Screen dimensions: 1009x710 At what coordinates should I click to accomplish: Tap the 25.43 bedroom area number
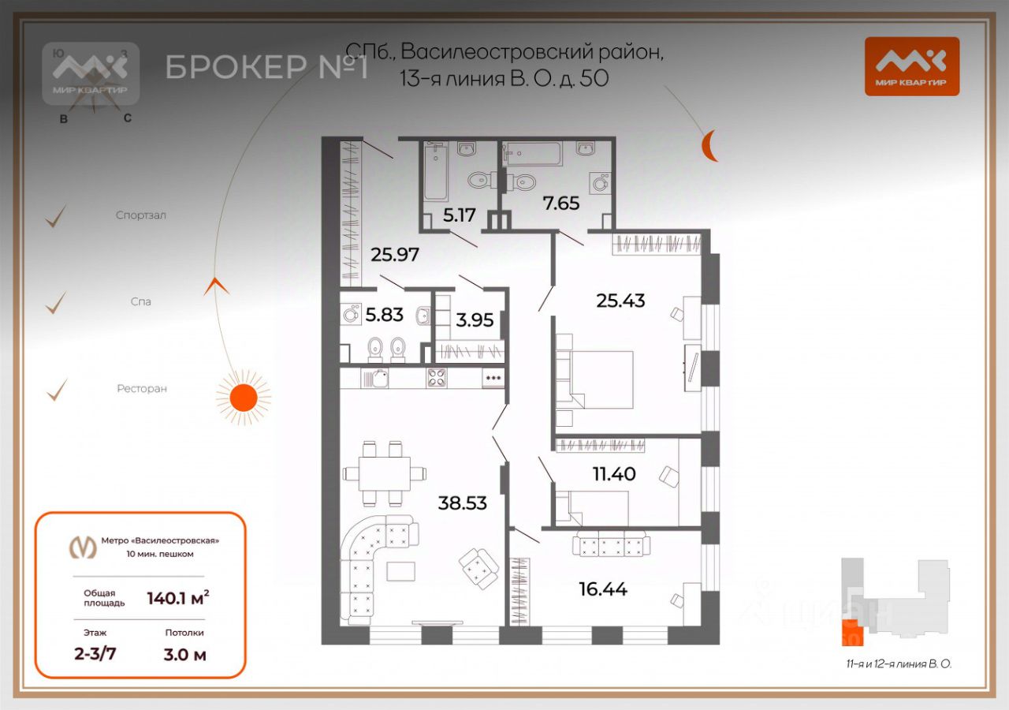[x=621, y=301]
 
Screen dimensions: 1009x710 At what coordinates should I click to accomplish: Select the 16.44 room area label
[x=602, y=589]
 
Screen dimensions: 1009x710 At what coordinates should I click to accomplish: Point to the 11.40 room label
[x=614, y=474]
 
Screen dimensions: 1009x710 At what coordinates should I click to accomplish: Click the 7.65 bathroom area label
[x=560, y=204]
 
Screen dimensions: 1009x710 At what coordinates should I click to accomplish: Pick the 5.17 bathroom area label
[x=460, y=214]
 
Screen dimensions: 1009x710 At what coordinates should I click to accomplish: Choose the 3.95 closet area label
[x=475, y=320]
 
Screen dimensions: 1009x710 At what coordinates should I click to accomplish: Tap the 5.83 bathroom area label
[x=384, y=315]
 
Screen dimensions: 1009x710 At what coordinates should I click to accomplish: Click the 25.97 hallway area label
[x=394, y=255]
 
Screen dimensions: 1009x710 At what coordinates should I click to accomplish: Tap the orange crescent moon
[x=710, y=146]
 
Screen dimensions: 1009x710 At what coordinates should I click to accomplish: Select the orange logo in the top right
[x=911, y=66]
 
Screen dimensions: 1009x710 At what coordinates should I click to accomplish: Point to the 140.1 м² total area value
[x=178, y=598]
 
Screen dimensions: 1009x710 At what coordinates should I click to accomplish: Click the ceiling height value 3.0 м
[x=184, y=654]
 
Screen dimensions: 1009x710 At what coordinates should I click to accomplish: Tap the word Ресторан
[x=142, y=389]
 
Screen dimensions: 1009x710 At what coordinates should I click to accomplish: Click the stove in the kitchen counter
[x=437, y=378]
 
